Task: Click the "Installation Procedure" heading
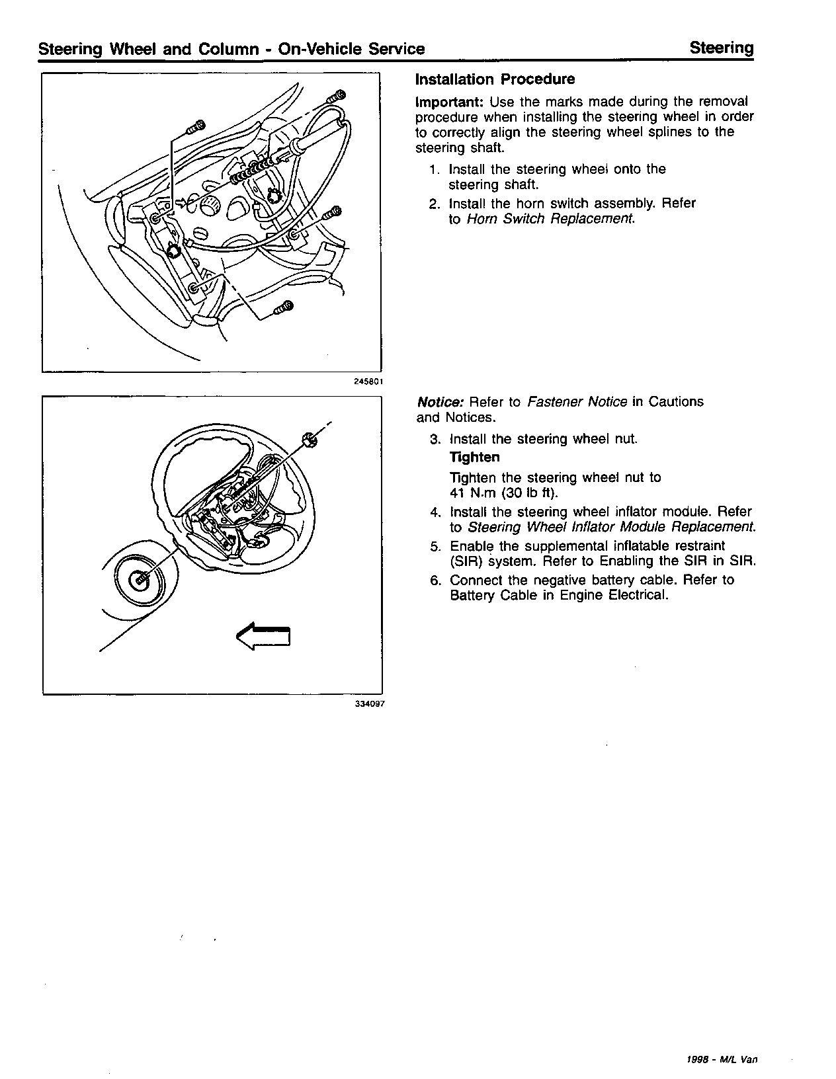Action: tap(495, 79)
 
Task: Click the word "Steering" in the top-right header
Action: tap(722, 48)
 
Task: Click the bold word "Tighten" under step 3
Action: tap(475, 458)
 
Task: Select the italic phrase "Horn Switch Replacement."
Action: tap(551, 219)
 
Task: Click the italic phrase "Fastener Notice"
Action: tap(577, 402)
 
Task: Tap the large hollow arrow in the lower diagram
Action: tap(263, 636)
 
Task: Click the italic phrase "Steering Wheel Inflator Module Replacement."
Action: tap(612, 527)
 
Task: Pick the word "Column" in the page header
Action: tap(228, 49)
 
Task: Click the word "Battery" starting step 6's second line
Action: tap(473, 595)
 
